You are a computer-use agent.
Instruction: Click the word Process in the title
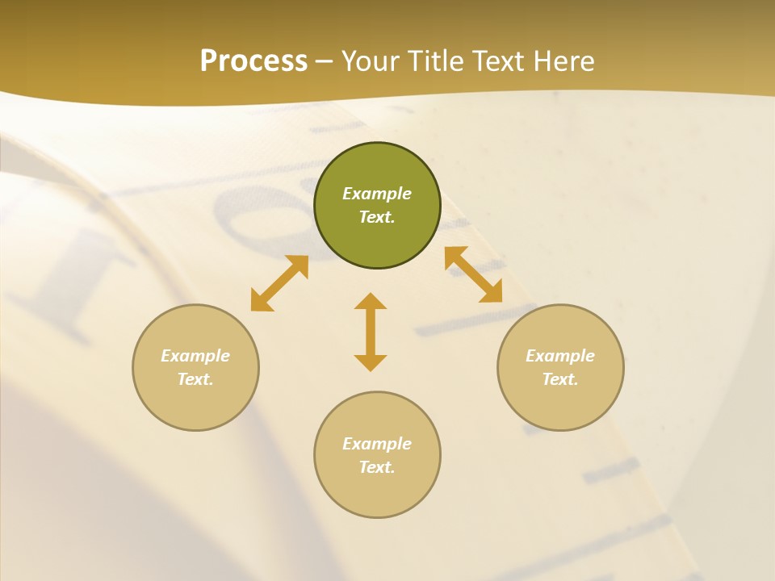point(253,61)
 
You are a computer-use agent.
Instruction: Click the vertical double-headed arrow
point(371,332)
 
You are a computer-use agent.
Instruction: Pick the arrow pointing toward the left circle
point(279,283)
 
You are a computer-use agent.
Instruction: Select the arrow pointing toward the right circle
point(474,274)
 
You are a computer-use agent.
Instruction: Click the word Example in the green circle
point(377,194)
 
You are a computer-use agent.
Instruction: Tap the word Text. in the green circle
point(377,217)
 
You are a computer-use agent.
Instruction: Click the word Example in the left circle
point(195,356)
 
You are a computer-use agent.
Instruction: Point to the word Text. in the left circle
point(195,379)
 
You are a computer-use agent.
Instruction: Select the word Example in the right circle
point(560,356)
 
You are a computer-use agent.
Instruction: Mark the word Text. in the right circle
point(560,379)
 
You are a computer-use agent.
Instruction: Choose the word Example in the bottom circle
point(377,444)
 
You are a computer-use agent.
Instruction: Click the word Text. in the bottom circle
point(377,467)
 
